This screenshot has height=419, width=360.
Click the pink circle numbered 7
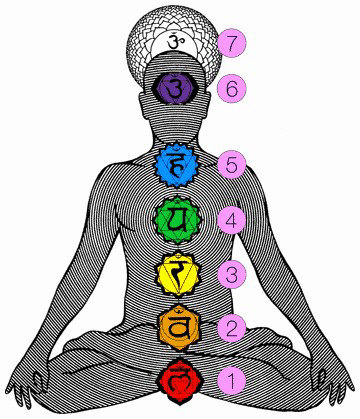[232, 43]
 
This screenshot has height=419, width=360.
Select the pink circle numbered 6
[232, 87]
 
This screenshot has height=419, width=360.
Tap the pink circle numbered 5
[232, 164]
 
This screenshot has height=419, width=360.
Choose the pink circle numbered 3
[232, 273]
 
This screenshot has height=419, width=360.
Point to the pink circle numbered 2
[232, 326]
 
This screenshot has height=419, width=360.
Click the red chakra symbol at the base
[181, 379]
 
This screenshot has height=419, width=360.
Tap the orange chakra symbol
[181, 326]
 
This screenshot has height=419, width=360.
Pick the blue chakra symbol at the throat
[181, 163]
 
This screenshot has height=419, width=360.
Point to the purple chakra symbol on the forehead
[181, 89]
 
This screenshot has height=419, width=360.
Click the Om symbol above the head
[181, 41]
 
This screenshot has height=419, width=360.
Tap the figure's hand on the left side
[34, 381]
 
